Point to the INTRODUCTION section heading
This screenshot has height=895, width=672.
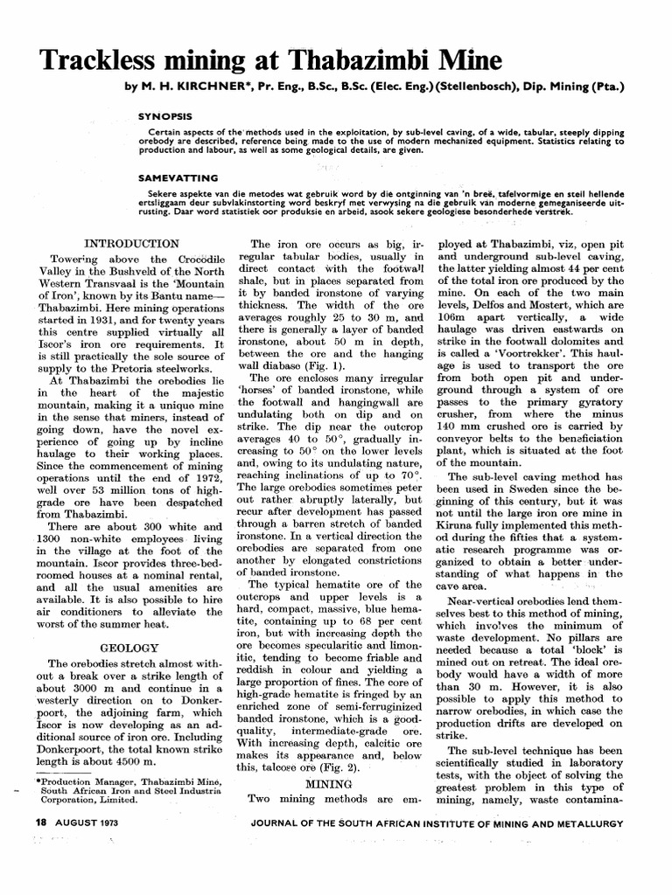point(131,243)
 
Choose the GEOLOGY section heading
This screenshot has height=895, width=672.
point(129,648)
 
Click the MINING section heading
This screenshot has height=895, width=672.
point(322,784)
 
